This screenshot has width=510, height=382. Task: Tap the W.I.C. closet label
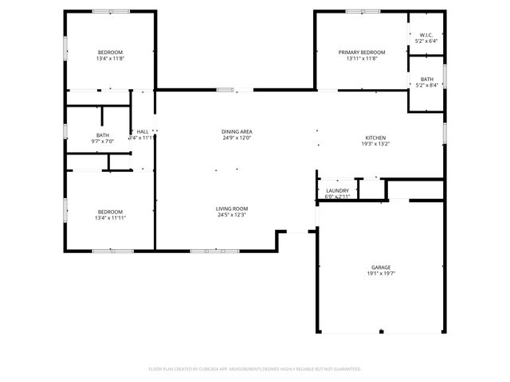click(427, 34)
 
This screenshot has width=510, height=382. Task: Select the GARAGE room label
click(380, 267)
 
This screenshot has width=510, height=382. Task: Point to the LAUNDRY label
click(337, 191)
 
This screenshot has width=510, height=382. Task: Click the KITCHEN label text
click(375, 138)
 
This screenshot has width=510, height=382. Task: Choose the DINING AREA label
click(237, 131)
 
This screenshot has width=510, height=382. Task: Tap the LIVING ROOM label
click(230, 209)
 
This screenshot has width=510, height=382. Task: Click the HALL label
click(143, 131)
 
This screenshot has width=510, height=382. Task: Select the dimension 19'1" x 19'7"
click(380, 274)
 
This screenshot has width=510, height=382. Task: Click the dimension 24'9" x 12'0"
click(237, 138)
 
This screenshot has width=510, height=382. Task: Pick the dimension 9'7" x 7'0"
click(103, 142)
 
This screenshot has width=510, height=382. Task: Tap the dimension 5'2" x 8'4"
click(427, 85)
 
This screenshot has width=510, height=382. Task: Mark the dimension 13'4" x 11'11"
click(111, 217)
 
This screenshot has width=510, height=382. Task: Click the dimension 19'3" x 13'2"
click(375, 144)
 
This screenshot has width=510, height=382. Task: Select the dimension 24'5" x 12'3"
click(230, 215)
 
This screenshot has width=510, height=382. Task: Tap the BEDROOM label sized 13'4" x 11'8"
click(111, 53)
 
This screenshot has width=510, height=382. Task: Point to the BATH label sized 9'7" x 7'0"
click(103, 135)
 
